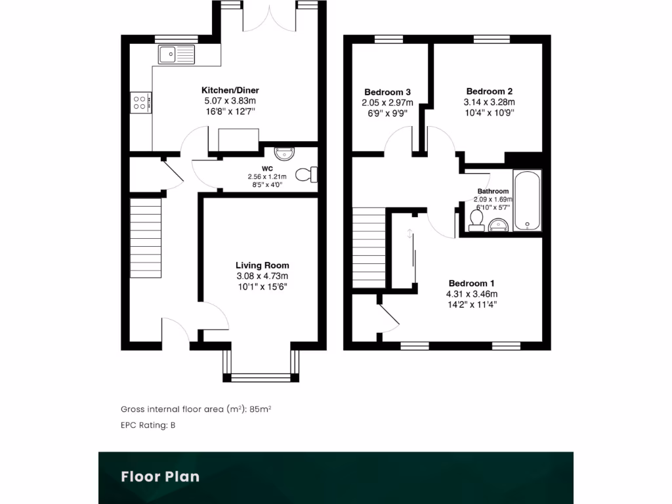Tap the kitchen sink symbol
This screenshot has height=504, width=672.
click(176, 54)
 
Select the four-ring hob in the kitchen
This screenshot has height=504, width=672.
click(141, 102)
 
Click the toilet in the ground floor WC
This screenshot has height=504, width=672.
click(306, 175)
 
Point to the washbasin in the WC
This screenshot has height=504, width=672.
click(285, 153)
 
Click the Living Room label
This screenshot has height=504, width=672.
click(262, 265)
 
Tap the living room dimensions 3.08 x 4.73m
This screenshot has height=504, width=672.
click(262, 276)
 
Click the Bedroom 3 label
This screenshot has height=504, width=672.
click(387, 92)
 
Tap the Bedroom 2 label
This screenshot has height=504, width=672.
click(489, 91)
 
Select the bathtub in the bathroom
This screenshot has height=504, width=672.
click(527, 200)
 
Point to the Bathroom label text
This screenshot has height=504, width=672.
click(493, 191)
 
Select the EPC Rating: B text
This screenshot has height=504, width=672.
click(148, 425)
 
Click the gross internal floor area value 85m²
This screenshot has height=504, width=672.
click(261, 409)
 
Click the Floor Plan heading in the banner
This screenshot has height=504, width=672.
click(159, 476)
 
